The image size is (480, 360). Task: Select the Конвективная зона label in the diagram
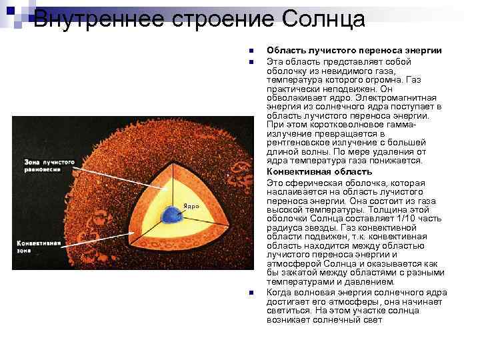click(x=39, y=247)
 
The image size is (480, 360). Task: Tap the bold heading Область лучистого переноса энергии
click(x=353, y=50)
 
